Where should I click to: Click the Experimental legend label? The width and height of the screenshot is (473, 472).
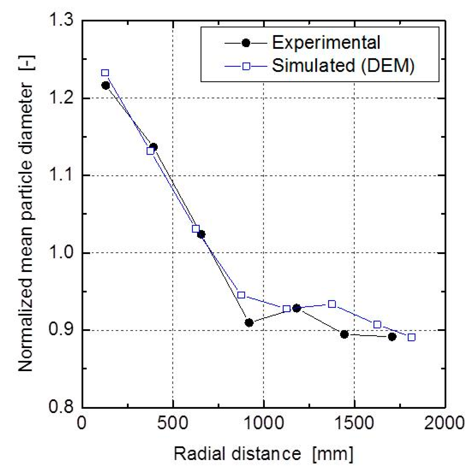coord(326,43)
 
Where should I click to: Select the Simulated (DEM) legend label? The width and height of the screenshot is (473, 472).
coord(343,66)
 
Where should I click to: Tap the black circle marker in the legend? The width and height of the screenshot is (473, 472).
coord(246,43)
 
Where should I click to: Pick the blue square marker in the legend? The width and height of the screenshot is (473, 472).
coord(246,66)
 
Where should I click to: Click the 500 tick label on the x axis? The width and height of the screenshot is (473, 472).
coord(172,423)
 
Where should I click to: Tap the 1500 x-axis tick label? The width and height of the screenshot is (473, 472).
coord(354,423)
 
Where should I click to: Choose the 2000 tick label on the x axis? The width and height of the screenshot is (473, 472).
coord(444,423)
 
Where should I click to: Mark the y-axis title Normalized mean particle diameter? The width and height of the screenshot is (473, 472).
coord(26,214)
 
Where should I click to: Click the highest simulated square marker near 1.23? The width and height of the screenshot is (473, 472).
coord(105,73)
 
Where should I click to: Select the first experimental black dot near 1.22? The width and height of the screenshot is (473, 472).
coord(106,85)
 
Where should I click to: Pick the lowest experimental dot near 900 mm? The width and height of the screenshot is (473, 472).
coord(249,323)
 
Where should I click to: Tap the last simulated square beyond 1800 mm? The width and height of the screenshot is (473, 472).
coord(411,337)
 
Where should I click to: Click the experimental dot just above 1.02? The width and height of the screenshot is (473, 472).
coord(201,234)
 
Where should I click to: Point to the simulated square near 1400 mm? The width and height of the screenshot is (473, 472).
coord(332,304)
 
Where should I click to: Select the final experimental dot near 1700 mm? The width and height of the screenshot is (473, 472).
coord(392,337)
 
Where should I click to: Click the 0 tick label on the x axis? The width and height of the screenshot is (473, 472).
coord(81,423)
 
